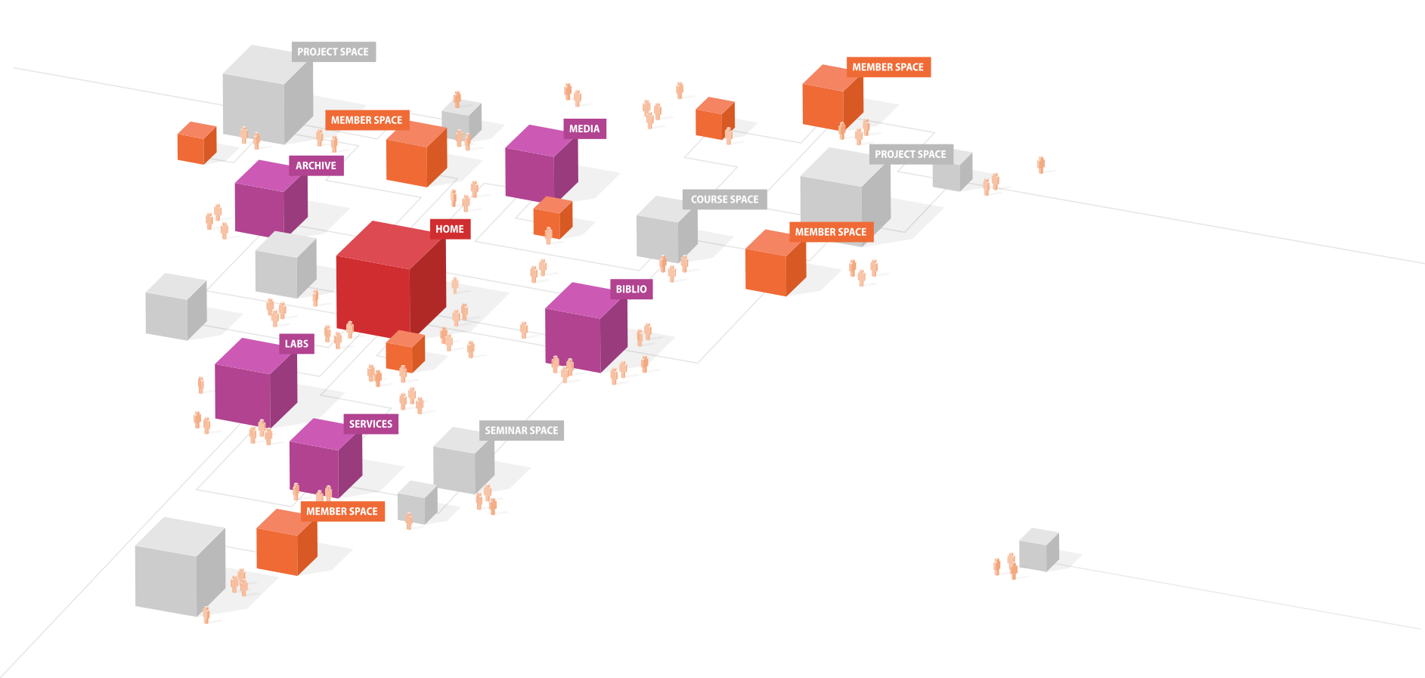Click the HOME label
[450, 229]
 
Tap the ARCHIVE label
[316, 166]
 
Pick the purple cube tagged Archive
[269, 200]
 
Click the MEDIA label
[584, 129]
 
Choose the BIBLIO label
[631, 289]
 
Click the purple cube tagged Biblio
[584, 330]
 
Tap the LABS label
[296, 344]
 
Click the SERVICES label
[370, 424]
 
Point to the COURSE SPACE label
[724, 200]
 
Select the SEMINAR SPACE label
[522, 431]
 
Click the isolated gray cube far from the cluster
[1038, 550]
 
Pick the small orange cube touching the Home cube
[404, 351]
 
